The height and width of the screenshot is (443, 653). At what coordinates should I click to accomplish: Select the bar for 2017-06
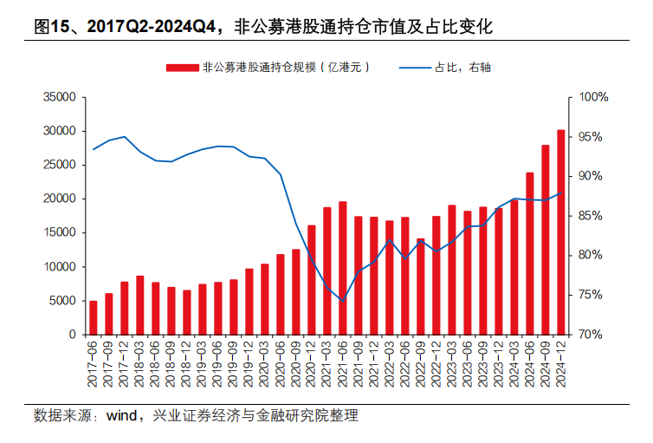coord(94,317)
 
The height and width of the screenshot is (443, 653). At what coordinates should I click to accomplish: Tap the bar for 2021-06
coord(342,268)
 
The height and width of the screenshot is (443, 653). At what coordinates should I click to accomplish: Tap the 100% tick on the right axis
coord(595,97)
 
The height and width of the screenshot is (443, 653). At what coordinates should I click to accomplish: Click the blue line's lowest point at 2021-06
coord(342,301)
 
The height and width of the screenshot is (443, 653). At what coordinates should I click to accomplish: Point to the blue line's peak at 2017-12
coord(125,137)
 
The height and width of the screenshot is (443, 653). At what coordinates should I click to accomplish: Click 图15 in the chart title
coord(51,27)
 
